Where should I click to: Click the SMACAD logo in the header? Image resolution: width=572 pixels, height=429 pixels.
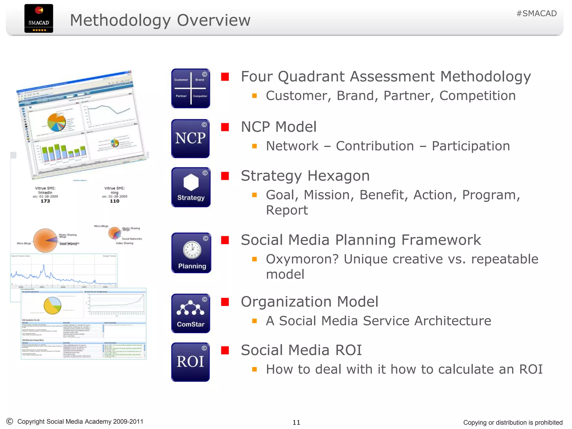[x=39, y=18]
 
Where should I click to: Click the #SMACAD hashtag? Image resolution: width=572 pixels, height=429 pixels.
[x=536, y=13]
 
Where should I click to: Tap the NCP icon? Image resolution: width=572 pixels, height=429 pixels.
[x=190, y=139]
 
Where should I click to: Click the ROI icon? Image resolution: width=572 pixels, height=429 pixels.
[x=190, y=362]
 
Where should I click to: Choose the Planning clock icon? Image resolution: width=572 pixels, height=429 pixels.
[x=192, y=250]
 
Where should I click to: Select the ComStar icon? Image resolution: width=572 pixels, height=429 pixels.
[x=190, y=313]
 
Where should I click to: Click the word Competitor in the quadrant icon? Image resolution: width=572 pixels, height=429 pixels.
[x=200, y=96]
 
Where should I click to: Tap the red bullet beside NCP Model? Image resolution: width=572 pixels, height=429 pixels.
[x=225, y=127]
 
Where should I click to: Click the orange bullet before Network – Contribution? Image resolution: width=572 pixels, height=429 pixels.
[x=254, y=146]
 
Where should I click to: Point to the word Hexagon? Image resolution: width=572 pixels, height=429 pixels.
[x=339, y=176]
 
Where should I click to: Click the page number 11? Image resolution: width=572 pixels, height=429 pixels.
[x=296, y=422]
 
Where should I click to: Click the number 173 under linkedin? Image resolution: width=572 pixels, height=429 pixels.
[x=45, y=201]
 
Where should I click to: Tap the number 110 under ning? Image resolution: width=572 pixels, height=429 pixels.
[x=115, y=201]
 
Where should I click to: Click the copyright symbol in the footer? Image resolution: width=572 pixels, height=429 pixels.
[x=9, y=421]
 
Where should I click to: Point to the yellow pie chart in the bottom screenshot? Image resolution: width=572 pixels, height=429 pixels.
[x=53, y=306]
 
